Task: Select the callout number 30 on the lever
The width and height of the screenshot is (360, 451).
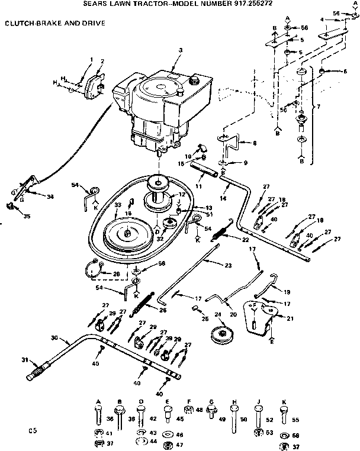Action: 54,338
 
